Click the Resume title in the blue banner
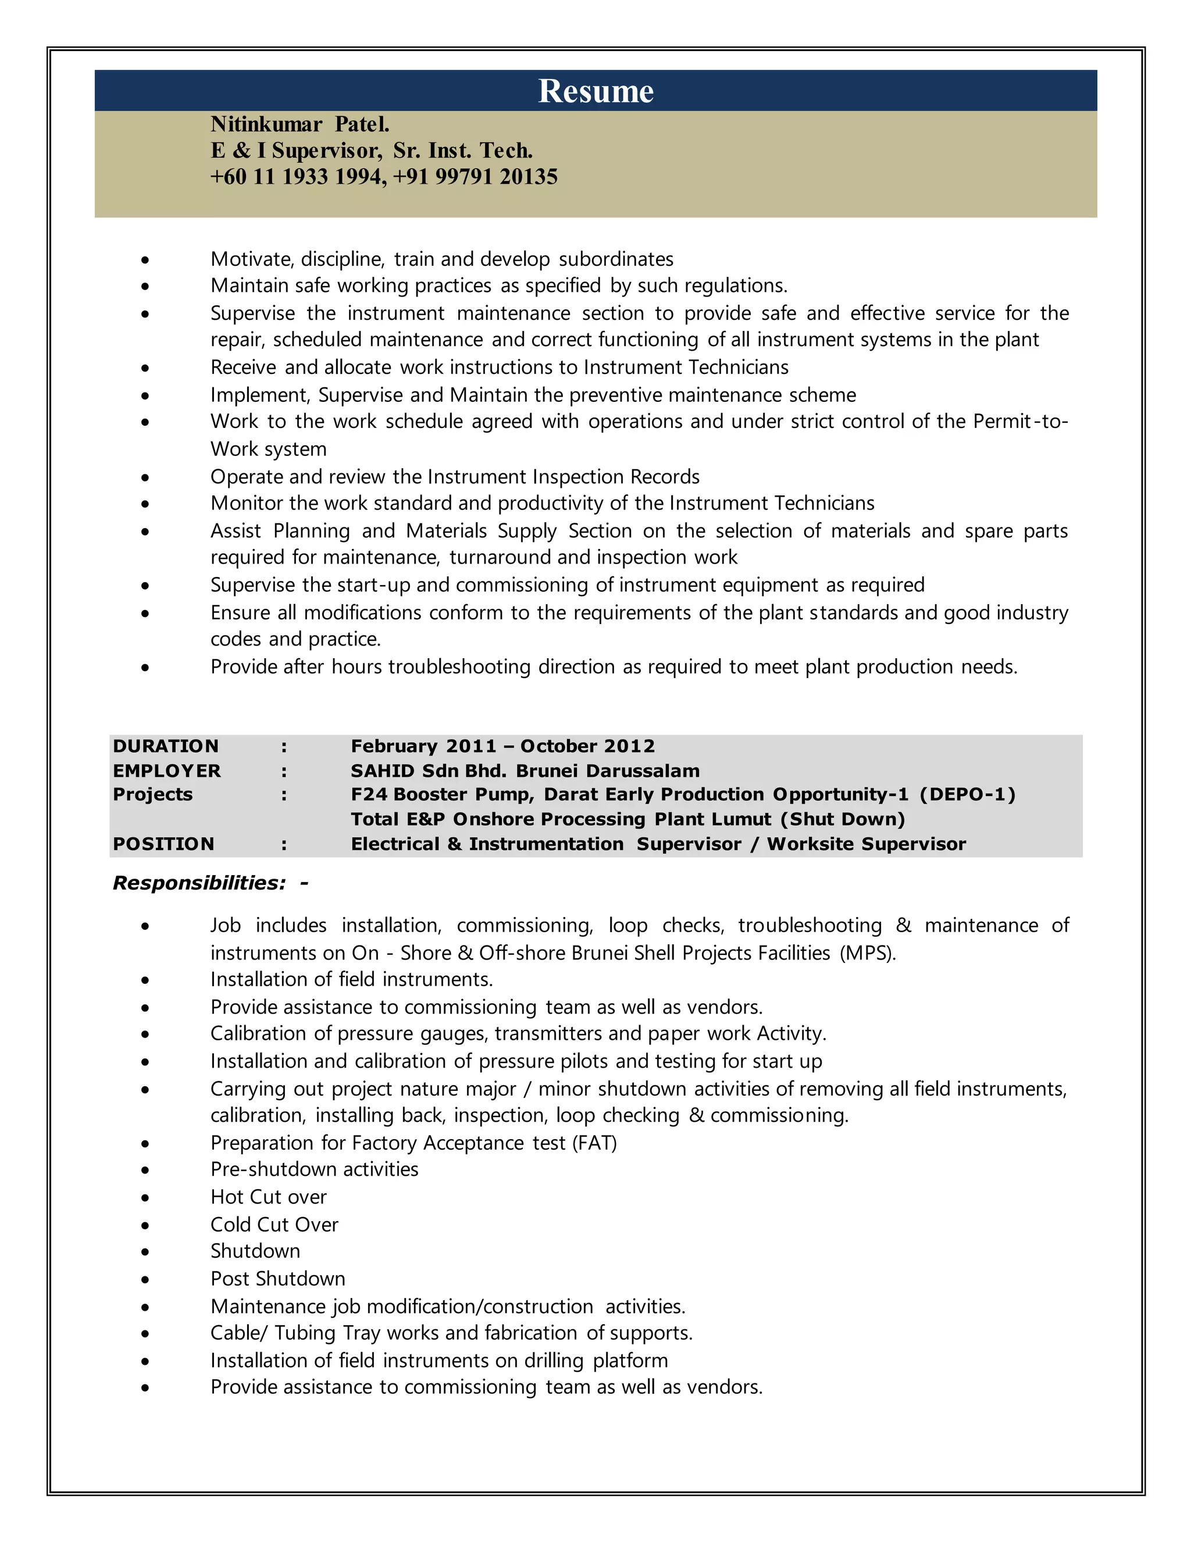pyautogui.click(x=595, y=91)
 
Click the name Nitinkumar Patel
pyautogui.click(x=300, y=124)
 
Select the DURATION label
pyautogui.click(x=166, y=746)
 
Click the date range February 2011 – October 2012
pyautogui.click(x=502, y=746)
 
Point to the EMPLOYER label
pyautogui.click(x=166, y=770)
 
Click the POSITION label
pyautogui.click(x=163, y=844)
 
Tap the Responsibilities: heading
pyautogui.click(x=199, y=883)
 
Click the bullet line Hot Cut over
pyautogui.click(x=268, y=1197)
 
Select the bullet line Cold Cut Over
pyautogui.click(x=274, y=1224)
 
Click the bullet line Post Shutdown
pyautogui.click(x=277, y=1279)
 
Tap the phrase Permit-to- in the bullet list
pyautogui.click(x=1020, y=421)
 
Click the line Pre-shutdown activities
pyautogui.click(x=314, y=1169)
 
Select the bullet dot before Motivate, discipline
pyautogui.click(x=145, y=260)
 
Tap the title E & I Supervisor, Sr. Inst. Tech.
pyautogui.click(x=371, y=150)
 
